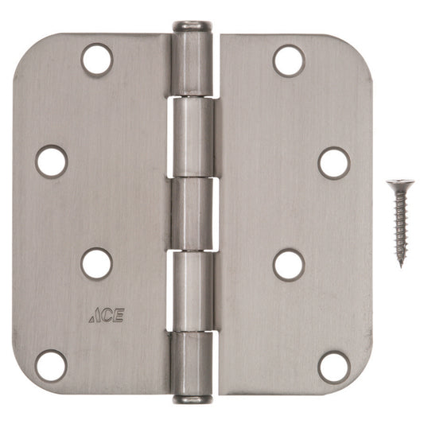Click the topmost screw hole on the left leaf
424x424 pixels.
pyautogui.click(x=96, y=60)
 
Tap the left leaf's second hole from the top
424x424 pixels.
pyautogui.click(x=52, y=161)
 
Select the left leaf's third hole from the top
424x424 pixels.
pyautogui.click(x=96, y=263)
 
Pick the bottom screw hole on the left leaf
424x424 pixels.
pyautogui.click(x=52, y=365)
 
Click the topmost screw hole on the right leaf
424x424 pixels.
pyautogui.click(x=289, y=60)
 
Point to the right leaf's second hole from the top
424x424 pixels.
pyautogui.click(x=333, y=162)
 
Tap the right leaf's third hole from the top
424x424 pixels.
pyautogui.click(x=289, y=264)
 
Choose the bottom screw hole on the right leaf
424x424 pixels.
pyautogui.click(x=333, y=366)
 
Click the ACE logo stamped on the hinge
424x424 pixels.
pyautogui.click(x=106, y=315)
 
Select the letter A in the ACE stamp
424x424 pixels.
pyautogui.click(x=95, y=316)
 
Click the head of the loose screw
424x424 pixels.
pyautogui.click(x=395, y=184)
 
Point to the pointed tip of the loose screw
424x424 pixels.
pyautogui.click(x=401, y=265)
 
